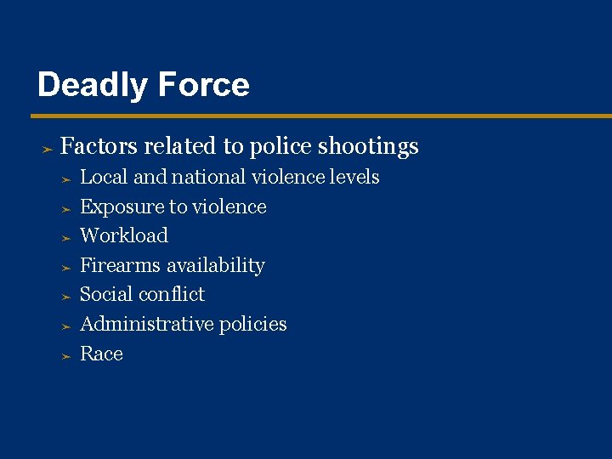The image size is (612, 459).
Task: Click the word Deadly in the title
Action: (x=89, y=86)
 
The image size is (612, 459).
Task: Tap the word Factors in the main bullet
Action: (x=99, y=146)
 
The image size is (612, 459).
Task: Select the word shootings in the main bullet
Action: (x=368, y=147)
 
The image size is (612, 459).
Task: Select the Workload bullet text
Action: (x=124, y=235)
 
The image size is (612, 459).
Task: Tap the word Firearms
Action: (x=120, y=265)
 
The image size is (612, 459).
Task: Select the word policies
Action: (x=252, y=324)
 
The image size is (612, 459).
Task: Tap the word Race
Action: (x=101, y=354)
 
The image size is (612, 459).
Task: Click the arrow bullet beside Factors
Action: (x=48, y=149)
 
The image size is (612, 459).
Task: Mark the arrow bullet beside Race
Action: (x=66, y=356)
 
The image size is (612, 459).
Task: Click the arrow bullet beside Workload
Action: (x=66, y=238)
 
